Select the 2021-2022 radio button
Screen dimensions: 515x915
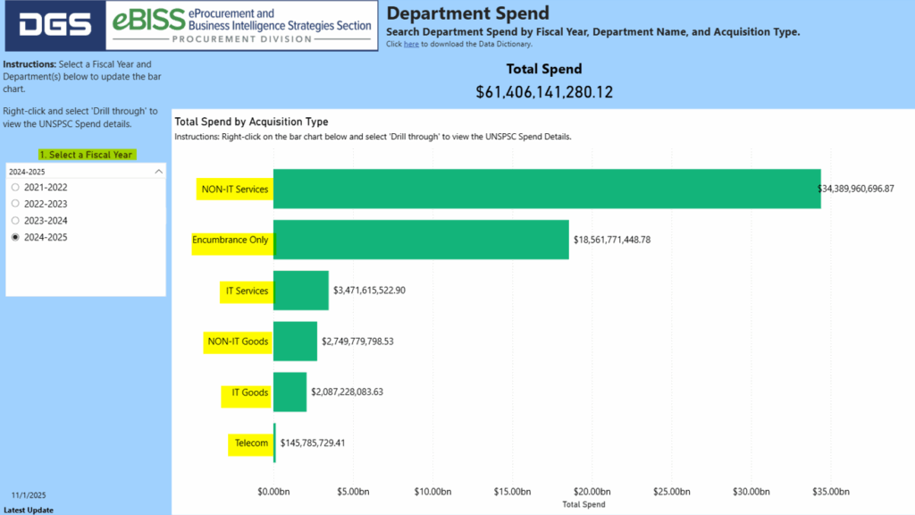point(15,188)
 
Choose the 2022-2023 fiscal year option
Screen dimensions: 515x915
point(15,204)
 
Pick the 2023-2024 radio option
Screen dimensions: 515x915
point(15,221)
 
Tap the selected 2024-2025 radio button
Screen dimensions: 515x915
point(15,238)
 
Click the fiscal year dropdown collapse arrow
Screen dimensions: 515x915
point(158,171)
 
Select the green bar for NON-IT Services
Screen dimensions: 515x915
point(546,189)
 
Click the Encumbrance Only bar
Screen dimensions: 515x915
point(421,240)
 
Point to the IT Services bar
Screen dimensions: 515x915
point(301,291)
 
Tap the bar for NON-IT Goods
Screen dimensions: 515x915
point(295,341)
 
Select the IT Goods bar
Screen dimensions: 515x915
point(290,392)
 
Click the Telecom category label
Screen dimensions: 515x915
point(251,443)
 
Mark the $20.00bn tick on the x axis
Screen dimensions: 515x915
point(592,492)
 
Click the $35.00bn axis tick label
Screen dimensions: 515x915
point(830,492)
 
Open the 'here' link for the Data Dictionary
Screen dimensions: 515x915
point(411,44)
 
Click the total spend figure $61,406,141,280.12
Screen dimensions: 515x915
point(544,91)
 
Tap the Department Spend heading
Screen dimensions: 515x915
point(467,13)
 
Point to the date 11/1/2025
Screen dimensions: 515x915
point(29,494)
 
